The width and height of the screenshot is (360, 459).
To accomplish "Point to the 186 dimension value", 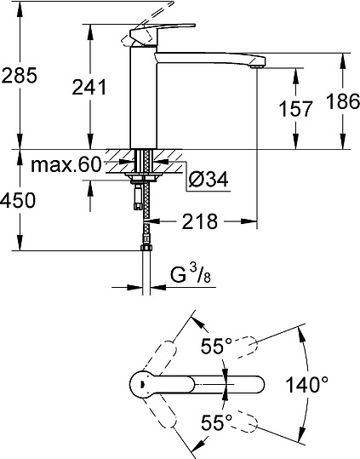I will tap(343, 103).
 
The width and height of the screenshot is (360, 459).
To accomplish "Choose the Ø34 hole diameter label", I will tap(207, 180).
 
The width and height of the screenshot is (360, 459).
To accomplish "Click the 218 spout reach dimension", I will tap(197, 222).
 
